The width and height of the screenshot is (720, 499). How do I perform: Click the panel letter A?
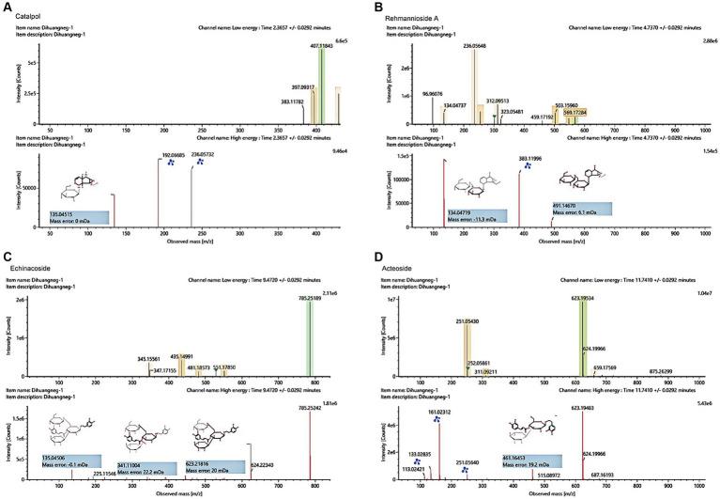coord(7,7)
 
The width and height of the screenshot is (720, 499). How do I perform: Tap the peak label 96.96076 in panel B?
coord(428,94)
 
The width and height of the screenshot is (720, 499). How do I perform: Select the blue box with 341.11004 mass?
coord(145,466)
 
